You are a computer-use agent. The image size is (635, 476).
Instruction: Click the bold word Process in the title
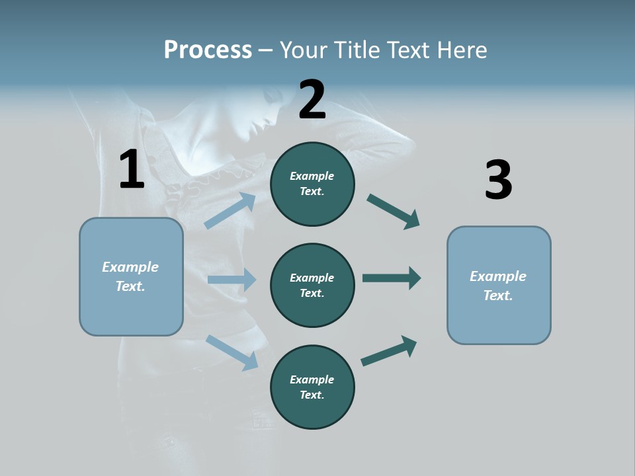click(208, 50)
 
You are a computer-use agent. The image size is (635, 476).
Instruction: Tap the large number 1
click(132, 170)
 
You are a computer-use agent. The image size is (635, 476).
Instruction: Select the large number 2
click(312, 100)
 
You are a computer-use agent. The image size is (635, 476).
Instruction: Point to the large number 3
click(498, 180)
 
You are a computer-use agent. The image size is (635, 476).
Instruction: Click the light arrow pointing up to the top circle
click(230, 211)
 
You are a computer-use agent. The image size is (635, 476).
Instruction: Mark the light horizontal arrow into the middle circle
click(231, 280)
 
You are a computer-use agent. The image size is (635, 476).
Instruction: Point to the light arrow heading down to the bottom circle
click(232, 352)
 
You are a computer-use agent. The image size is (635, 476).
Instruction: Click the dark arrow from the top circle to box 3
click(393, 211)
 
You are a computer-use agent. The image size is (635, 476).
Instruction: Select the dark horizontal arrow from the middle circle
click(391, 278)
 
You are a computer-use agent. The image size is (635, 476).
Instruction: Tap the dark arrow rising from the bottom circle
click(389, 350)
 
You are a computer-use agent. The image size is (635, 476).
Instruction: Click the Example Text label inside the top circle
click(312, 184)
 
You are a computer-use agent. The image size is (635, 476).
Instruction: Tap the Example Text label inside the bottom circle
click(312, 387)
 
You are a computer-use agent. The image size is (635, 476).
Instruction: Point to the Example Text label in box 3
click(498, 286)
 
